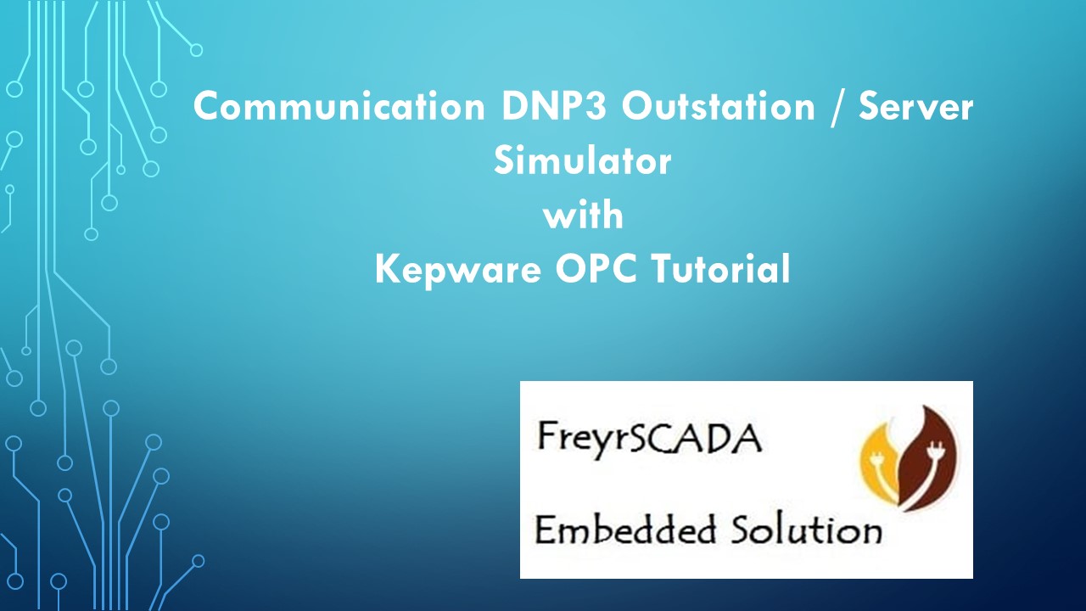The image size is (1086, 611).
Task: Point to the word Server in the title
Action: coord(915,108)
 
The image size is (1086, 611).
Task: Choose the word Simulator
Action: coord(582,161)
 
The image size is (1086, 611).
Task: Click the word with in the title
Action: coord(583,215)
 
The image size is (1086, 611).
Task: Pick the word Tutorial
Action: coord(721,269)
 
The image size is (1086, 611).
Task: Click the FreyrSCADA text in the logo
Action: coord(649,439)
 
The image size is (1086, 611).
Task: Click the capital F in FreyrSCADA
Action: coord(546,438)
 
